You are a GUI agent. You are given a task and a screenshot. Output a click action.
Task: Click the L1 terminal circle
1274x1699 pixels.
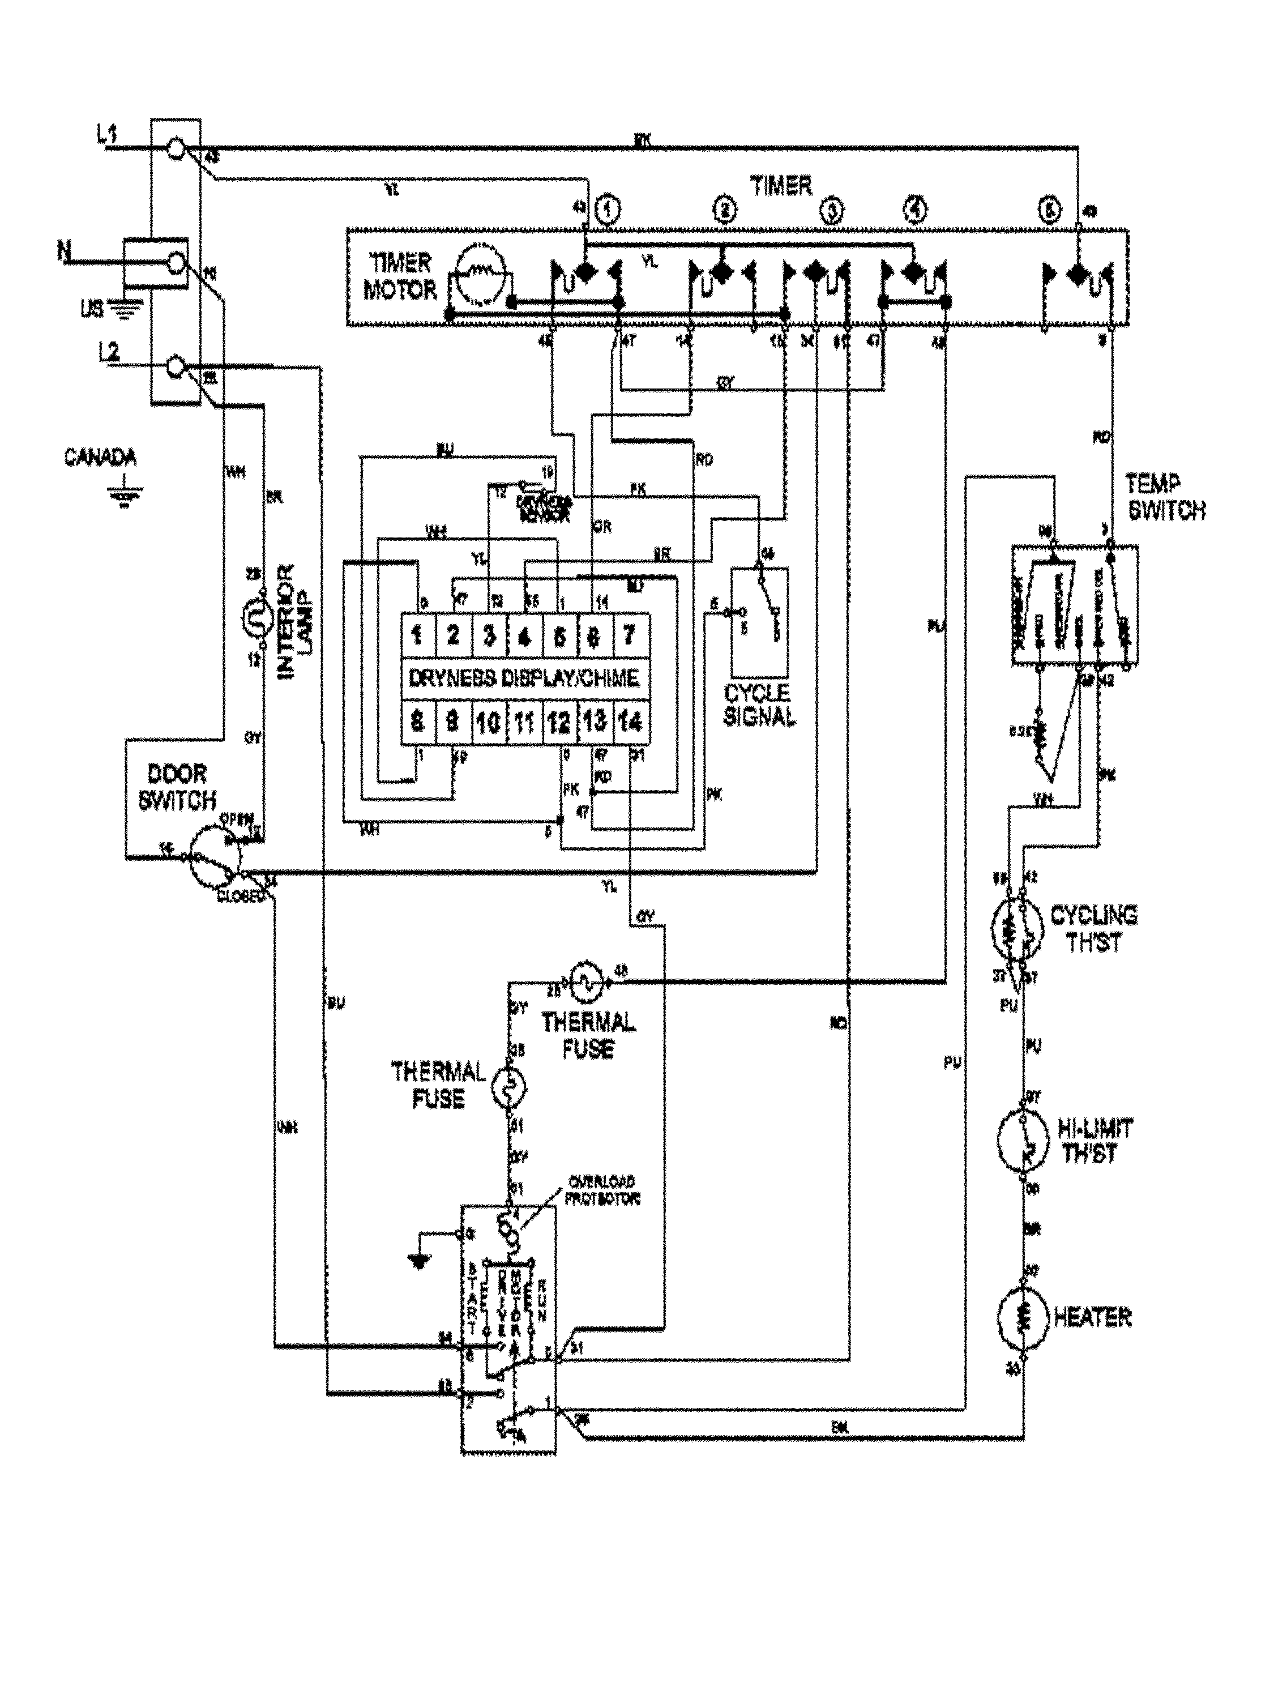176,149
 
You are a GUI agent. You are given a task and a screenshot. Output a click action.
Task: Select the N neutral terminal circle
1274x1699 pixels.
176,264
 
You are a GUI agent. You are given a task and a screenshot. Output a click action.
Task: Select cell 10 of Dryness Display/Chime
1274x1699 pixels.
489,722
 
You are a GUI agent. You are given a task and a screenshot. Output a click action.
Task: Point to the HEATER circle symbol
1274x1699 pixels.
1021,1318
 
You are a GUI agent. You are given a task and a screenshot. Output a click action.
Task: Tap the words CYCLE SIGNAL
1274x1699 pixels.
759,705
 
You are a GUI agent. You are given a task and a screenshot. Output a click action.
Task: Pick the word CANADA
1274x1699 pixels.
100,458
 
